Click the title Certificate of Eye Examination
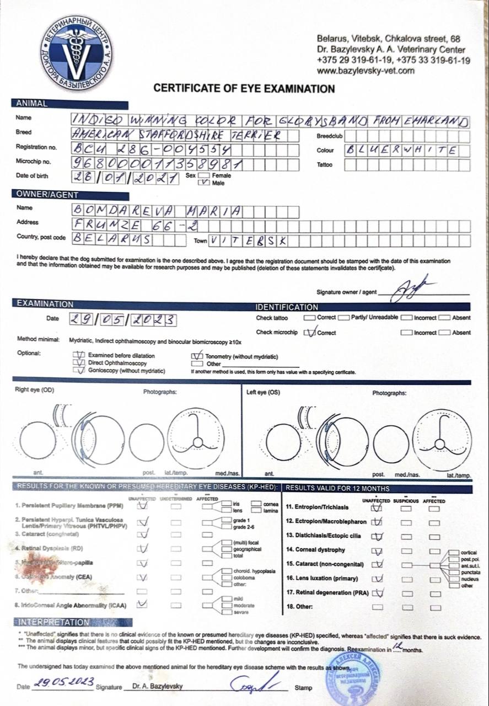(x=244, y=88)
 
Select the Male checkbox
(x=207, y=183)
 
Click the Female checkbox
(x=207, y=175)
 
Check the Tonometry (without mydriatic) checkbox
(x=196, y=357)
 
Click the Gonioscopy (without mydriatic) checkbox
(x=79, y=371)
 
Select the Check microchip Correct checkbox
(x=310, y=332)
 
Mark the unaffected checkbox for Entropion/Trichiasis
(x=377, y=507)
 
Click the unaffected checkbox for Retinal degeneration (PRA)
(x=377, y=593)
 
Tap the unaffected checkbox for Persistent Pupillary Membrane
(x=143, y=505)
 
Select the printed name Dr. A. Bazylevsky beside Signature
(x=158, y=687)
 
